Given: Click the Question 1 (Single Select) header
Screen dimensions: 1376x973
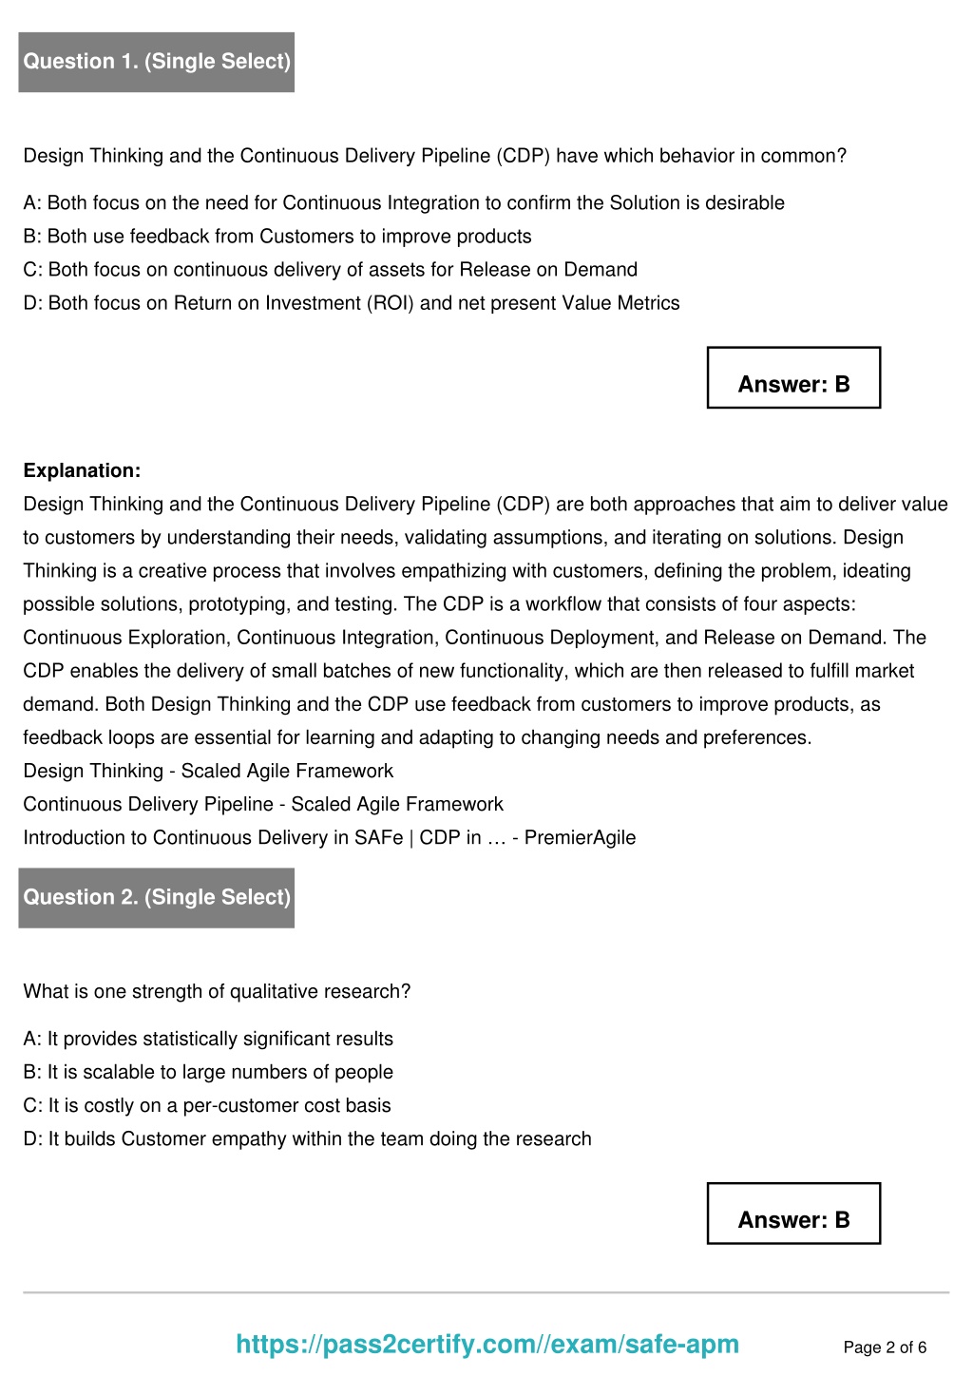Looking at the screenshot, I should (157, 62).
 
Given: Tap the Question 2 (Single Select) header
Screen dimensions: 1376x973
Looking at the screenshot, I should (157, 897).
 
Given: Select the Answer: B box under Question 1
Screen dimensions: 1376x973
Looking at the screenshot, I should (793, 378).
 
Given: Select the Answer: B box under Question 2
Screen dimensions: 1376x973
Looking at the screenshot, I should (793, 1214).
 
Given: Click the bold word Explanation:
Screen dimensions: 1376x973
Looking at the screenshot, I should (82, 470).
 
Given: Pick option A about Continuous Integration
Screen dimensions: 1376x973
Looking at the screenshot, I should (404, 202).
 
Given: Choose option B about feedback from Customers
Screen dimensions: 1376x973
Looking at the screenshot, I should (277, 236).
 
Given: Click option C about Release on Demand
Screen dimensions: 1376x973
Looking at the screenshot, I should (331, 269).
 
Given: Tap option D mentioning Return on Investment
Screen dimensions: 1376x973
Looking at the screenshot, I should (352, 302).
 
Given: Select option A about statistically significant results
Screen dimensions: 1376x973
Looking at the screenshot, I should (208, 1039).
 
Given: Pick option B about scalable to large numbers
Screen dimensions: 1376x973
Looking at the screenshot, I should (208, 1072).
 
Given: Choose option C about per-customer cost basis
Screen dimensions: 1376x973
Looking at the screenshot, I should (207, 1105).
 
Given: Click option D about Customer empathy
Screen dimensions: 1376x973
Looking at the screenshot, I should (307, 1138).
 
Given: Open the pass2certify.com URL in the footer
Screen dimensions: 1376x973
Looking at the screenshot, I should (487, 1344).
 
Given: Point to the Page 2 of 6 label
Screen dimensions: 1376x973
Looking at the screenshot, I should (885, 1347).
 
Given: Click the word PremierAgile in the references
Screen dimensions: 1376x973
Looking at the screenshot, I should (580, 837).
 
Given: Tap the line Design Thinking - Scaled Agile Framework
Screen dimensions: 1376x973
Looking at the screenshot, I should (208, 771).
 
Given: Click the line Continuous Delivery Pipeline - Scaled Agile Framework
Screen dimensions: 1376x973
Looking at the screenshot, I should (263, 804).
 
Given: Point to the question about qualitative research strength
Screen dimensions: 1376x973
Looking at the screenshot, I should (217, 991).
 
